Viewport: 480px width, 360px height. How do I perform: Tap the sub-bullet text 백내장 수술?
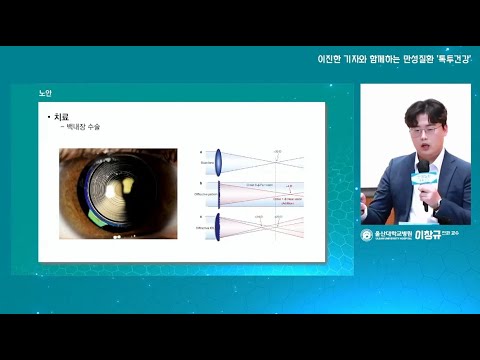coord(83,128)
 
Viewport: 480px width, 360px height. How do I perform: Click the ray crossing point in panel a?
coord(275,159)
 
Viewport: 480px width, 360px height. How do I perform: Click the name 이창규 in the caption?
coord(428,235)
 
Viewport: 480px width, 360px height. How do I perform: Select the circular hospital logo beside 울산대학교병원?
coord(366,235)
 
